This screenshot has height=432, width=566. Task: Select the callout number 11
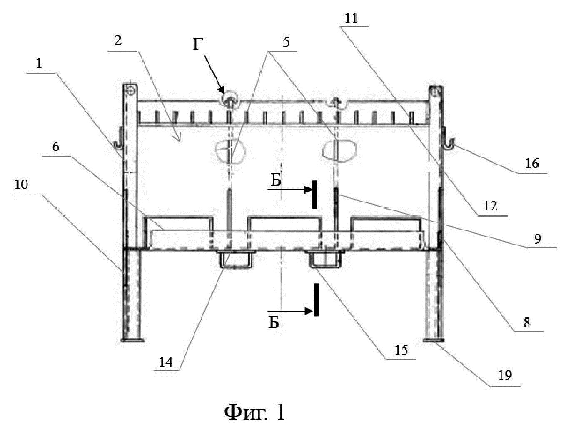351,18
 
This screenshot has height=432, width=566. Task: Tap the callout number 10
21,185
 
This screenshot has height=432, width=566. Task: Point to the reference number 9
537,238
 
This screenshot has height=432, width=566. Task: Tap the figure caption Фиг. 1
255,412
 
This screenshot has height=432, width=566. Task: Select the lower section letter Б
274,322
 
